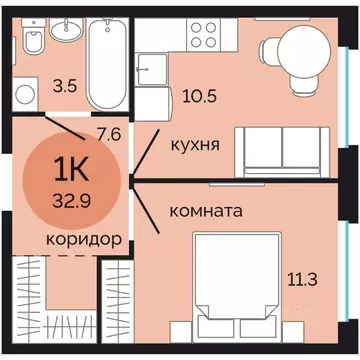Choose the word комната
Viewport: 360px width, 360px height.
tap(206, 212)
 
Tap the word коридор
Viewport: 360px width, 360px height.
tap(85, 240)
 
